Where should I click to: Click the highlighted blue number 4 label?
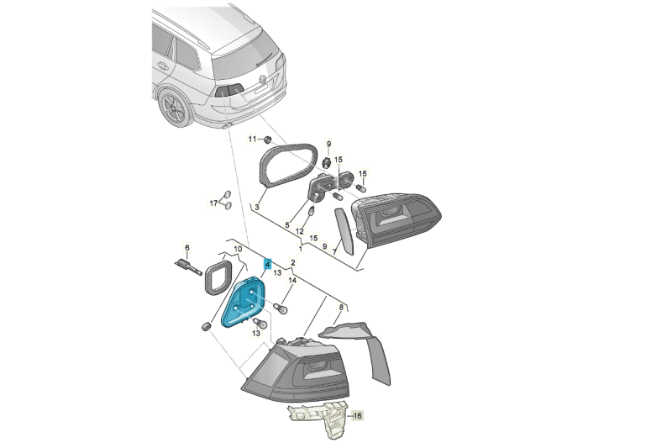tap(268, 263)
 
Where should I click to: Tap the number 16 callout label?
tap(357, 415)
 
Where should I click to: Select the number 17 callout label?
tap(213, 203)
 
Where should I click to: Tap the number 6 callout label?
tap(187, 247)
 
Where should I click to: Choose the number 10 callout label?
tap(238, 250)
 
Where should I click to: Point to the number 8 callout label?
tap(340, 308)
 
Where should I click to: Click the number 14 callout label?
tap(293, 281)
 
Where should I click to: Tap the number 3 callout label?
tap(259, 207)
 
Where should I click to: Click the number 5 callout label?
tap(286, 225)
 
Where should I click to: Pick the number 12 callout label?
tap(299, 231)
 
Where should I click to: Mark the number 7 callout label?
tap(333, 251)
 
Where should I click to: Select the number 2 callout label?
tap(293, 263)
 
